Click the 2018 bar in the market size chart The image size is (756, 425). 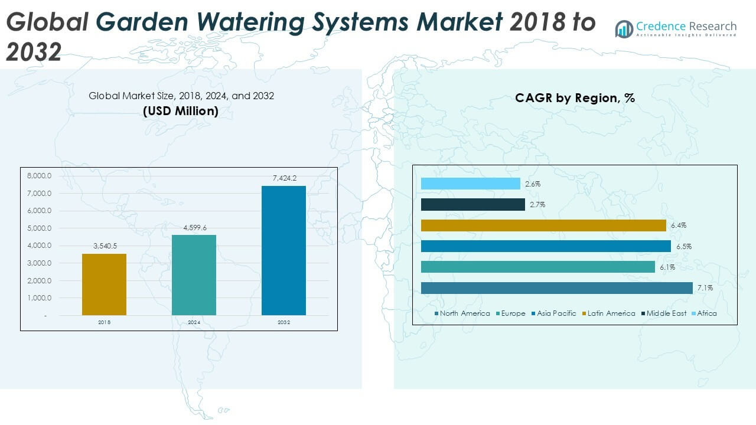[104, 284]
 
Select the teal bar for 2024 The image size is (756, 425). [194, 274]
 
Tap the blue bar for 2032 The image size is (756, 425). [283, 250]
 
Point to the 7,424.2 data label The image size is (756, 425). [284, 178]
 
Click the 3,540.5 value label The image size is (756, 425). [104, 246]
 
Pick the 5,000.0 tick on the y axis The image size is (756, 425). [40, 228]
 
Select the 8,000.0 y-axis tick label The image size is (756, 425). [40, 176]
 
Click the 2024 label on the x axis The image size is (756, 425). [194, 323]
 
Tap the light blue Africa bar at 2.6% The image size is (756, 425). [470, 184]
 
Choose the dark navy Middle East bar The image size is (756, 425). [472, 205]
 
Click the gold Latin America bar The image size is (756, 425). [543, 225]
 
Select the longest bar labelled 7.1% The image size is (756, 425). [556, 288]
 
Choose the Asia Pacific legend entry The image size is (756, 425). [556, 313]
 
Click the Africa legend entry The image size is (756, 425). [706, 313]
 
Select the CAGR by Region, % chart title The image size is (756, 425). [575, 98]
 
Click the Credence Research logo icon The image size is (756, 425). [624, 28]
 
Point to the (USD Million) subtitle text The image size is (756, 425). [181, 110]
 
